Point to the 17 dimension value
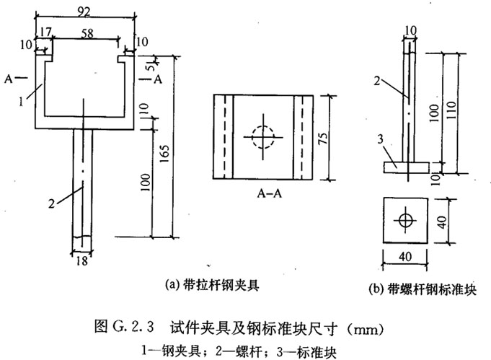pos(47,32)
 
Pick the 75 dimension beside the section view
pos(332,137)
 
